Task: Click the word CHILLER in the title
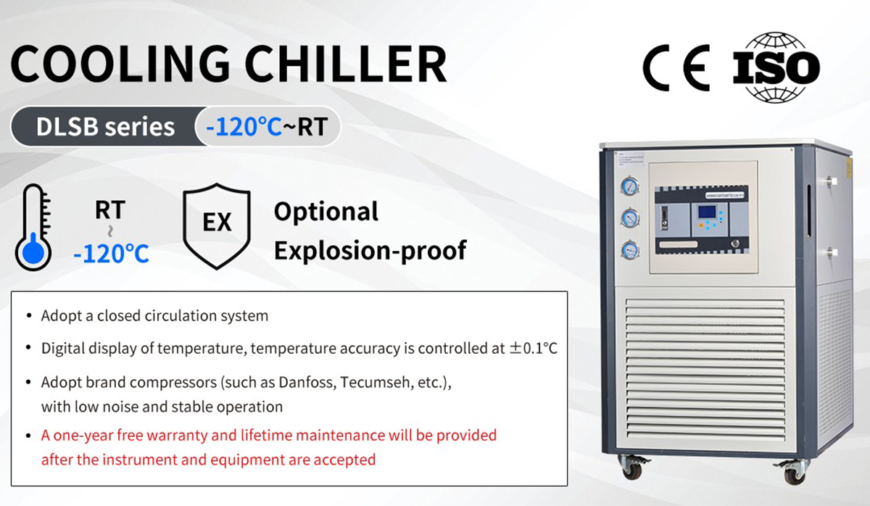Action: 349,64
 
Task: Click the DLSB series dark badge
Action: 106,127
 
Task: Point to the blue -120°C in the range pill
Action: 243,127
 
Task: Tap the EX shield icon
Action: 216,224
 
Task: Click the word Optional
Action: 326,212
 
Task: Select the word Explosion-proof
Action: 370,250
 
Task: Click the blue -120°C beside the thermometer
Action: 111,253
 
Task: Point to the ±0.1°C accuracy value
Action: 533,348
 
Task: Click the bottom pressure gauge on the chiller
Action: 629,250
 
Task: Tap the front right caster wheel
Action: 794,473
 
